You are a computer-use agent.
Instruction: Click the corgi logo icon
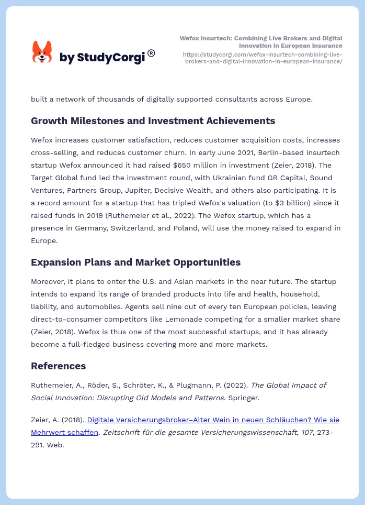point(42,52)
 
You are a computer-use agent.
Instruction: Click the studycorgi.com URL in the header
point(263,58)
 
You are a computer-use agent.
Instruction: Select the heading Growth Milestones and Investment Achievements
point(153,121)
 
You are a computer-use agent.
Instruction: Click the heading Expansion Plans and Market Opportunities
point(135,262)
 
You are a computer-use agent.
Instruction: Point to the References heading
point(58,366)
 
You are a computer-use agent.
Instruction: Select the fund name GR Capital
point(271,178)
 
